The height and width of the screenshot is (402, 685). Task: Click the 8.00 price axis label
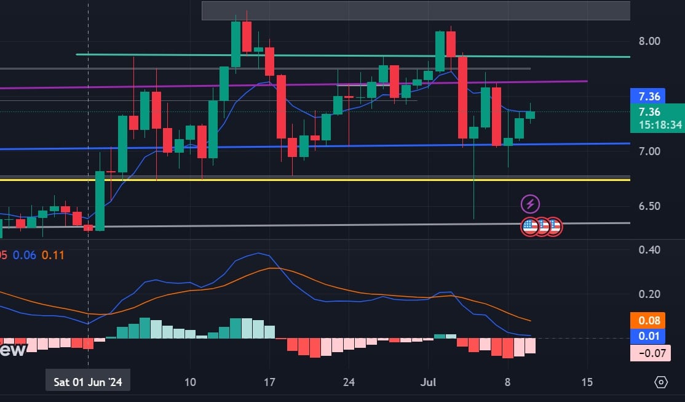tap(649, 41)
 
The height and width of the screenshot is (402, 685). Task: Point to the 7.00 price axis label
tap(649, 151)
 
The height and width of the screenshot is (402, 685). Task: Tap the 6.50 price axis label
tap(649, 206)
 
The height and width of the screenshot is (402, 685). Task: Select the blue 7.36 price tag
tap(649, 97)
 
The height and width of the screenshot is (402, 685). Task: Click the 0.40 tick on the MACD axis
tap(649, 249)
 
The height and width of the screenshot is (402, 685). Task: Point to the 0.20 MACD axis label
tap(649, 294)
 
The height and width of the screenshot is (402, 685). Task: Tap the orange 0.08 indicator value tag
tap(649, 321)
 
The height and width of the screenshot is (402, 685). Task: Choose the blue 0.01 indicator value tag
tap(649, 336)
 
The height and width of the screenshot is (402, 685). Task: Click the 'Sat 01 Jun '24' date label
tap(87, 382)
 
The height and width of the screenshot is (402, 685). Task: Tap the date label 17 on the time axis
tap(269, 382)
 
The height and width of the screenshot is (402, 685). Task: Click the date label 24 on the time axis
tap(349, 382)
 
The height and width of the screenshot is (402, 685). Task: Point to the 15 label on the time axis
tap(587, 382)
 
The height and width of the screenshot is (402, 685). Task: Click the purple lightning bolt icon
tap(530, 204)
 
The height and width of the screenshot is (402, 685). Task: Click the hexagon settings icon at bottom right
tap(661, 382)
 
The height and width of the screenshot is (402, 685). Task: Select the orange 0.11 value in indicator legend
tap(53, 255)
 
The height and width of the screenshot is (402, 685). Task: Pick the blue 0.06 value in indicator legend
tap(25, 255)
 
